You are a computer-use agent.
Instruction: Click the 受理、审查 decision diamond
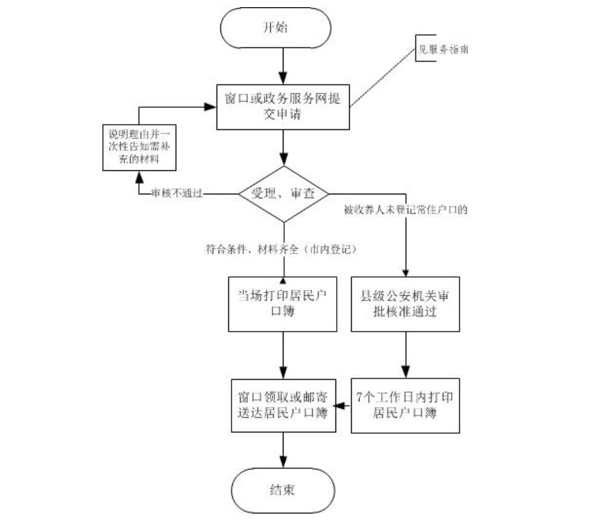pos(283,193)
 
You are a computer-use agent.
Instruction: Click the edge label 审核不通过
pos(174,193)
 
